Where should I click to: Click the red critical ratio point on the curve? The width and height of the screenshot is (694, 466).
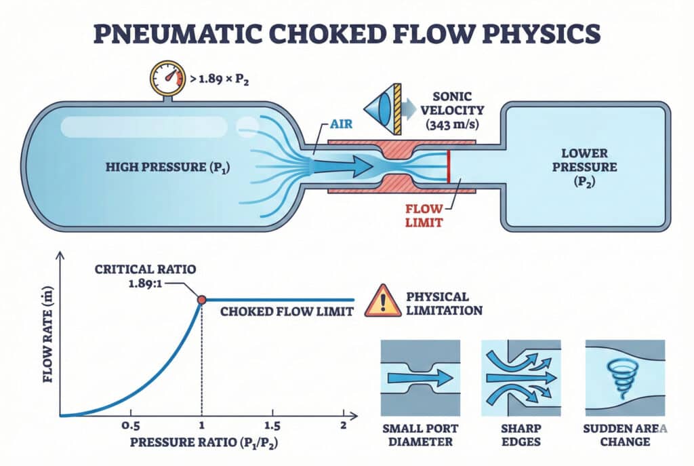pos(201,300)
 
